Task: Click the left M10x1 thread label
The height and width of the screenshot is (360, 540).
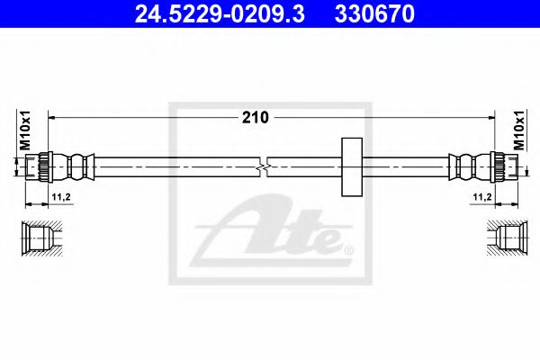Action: tap(25, 130)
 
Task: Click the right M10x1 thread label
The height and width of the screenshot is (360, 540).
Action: tap(519, 130)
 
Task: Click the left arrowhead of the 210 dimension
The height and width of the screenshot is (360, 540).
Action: tap(52, 117)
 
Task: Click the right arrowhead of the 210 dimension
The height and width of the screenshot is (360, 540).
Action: tap(490, 117)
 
